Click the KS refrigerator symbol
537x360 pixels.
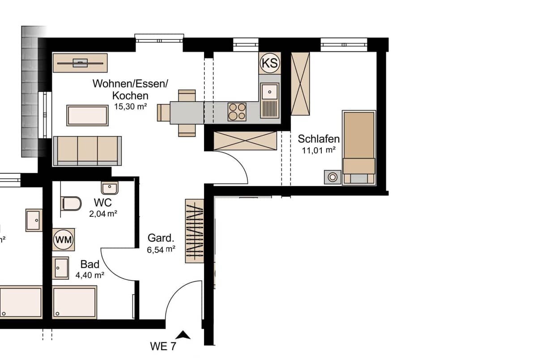click(269, 63)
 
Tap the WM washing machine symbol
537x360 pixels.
click(63, 240)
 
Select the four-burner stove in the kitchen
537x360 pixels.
click(237, 112)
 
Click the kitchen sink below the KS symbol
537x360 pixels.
click(270, 92)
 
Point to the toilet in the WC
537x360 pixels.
click(72, 204)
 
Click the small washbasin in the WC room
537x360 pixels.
click(109, 188)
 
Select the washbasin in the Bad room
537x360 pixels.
click(60, 268)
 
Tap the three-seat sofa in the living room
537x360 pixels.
click(87, 150)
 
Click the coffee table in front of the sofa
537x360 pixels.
click(88, 115)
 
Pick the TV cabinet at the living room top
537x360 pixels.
click(80, 63)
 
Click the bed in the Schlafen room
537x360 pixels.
click(359, 148)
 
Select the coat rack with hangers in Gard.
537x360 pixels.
click(195, 231)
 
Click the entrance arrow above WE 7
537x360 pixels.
click(183, 334)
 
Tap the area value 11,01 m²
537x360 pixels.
click(319, 150)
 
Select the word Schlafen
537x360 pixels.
click(319, 139)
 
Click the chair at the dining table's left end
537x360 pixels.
click(163, 112)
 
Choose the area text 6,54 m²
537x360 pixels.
click(161, 250)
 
